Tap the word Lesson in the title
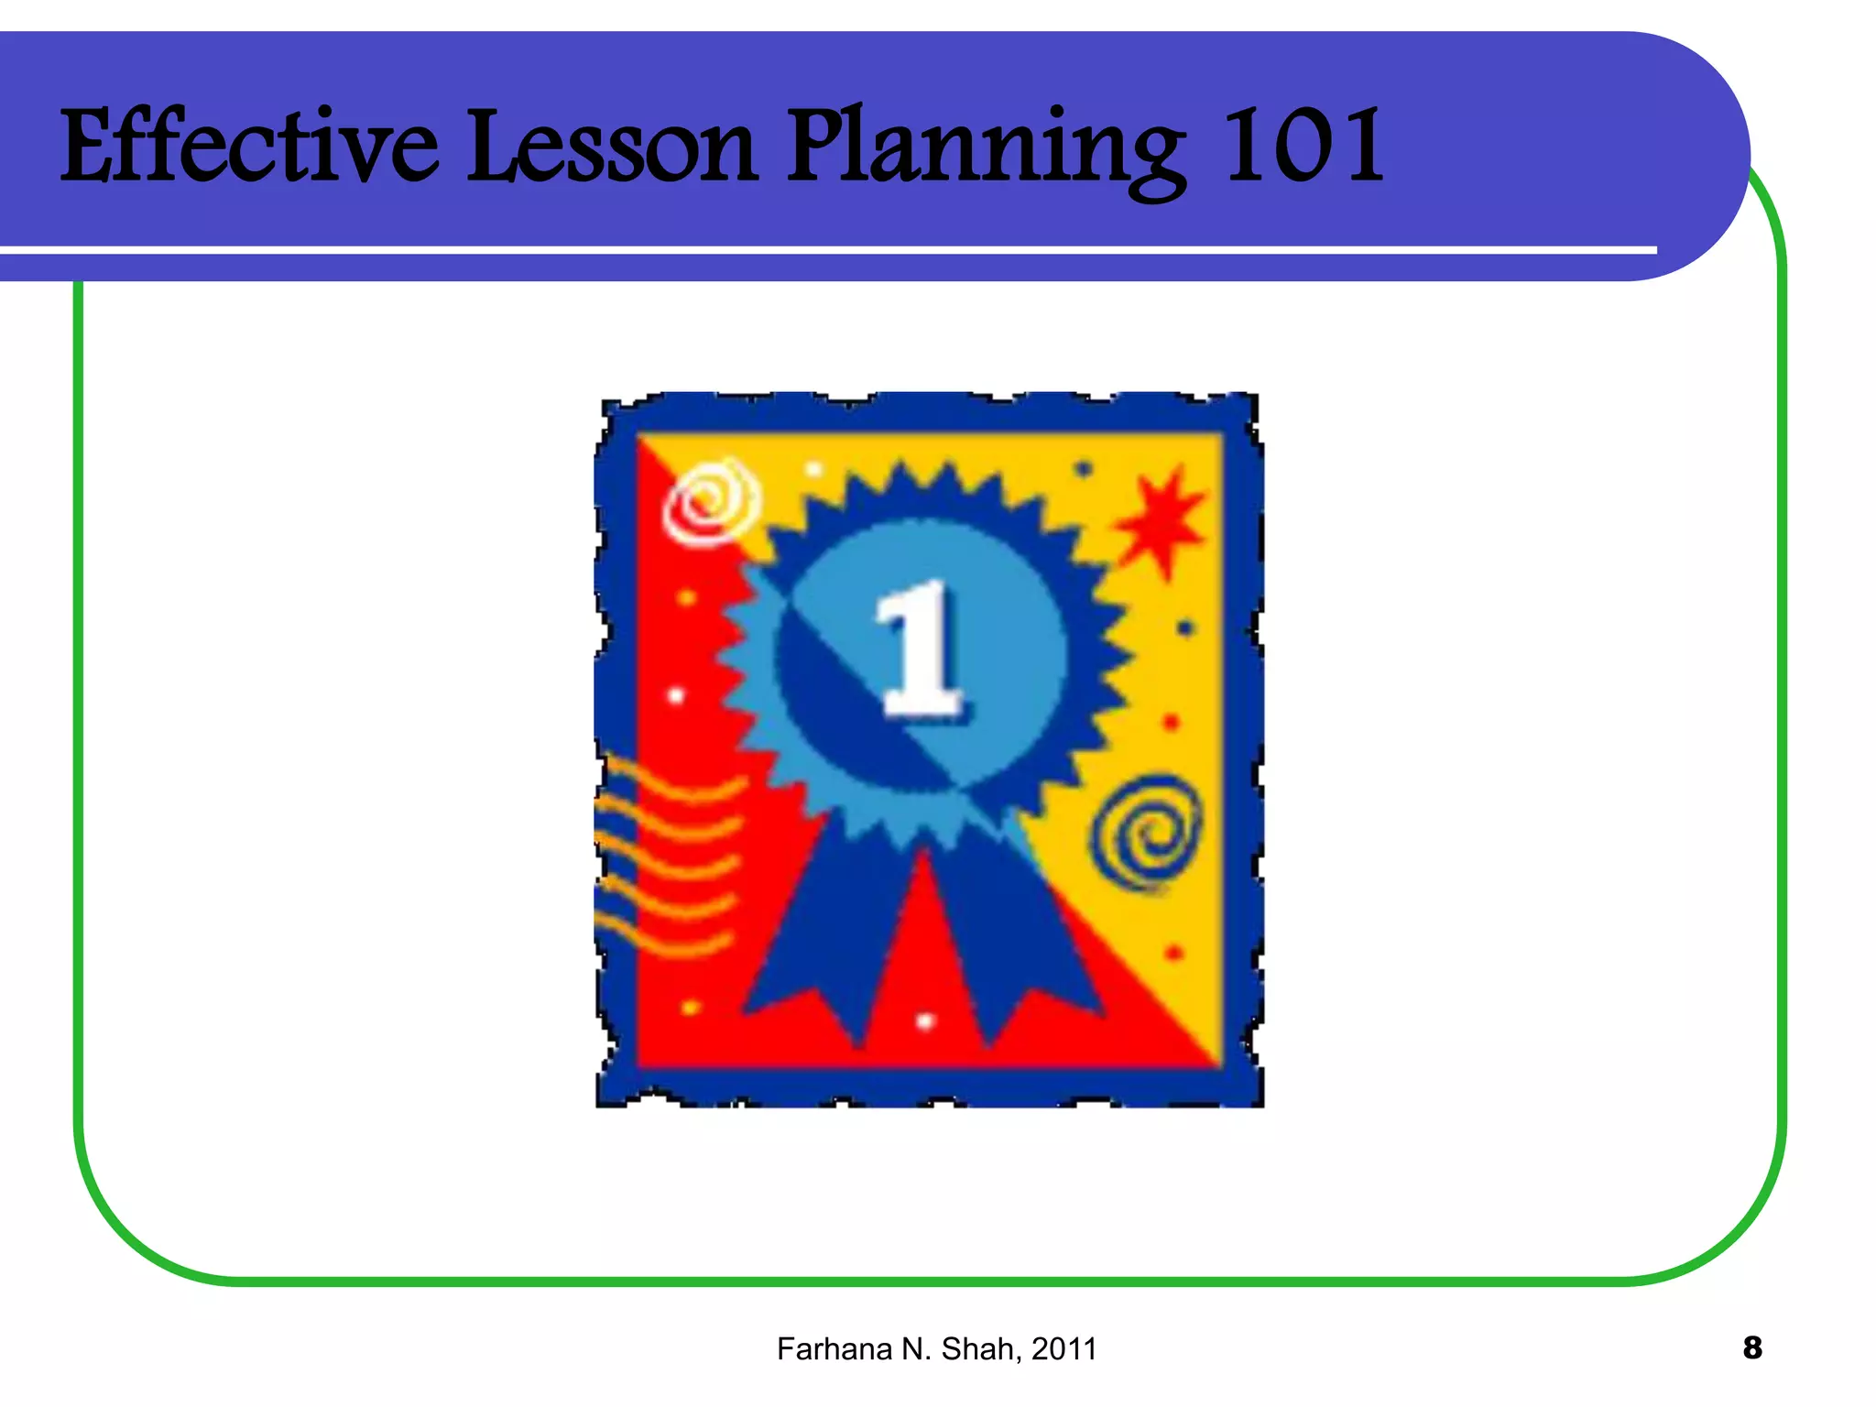click(612, 147)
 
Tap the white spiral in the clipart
click(711, 502)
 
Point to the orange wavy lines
click(669, 856)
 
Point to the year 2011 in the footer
click(1063, 1349)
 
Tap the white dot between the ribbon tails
click(925, 1020)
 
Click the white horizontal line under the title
click(824, 249)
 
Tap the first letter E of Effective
click(90, 147)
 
